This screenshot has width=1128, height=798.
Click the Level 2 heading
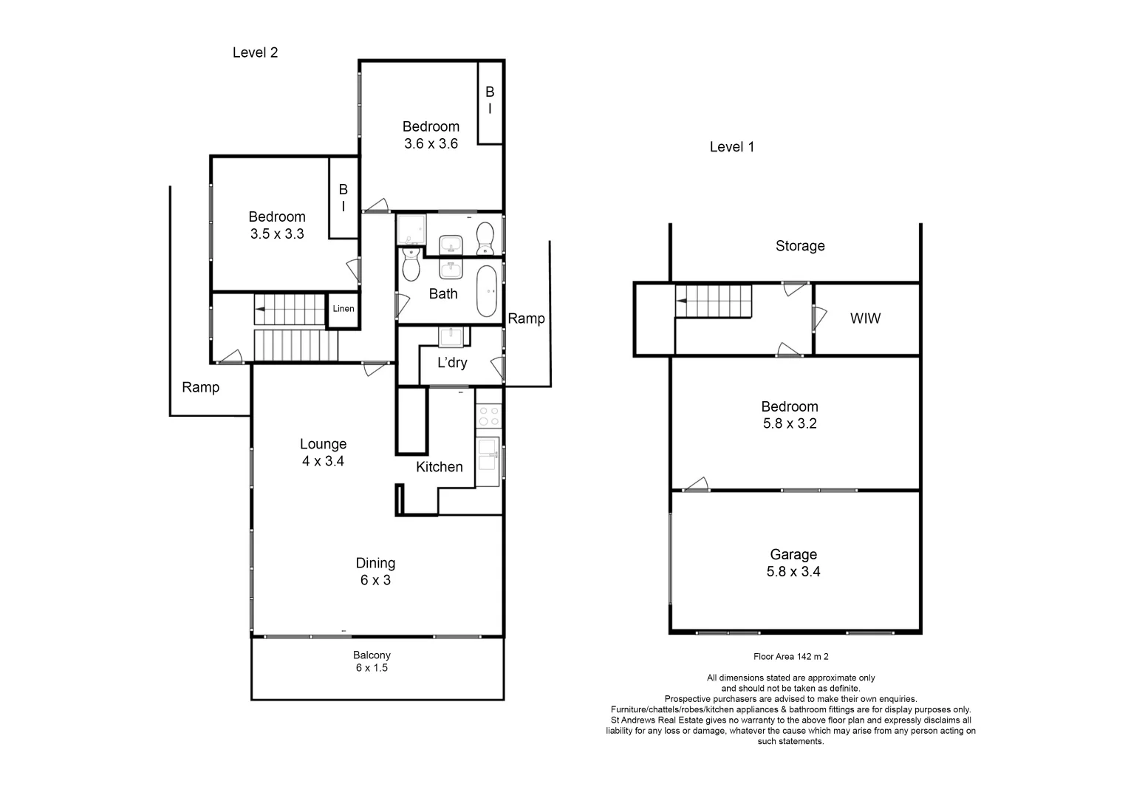[x=255, y=52]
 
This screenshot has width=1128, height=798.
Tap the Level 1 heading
[x=731, y=147]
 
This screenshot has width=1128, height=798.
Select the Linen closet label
[x=343, y=309]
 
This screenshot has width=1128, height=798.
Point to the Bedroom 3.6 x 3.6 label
[x=431, y=135]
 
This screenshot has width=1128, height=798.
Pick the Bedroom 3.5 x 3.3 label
[x=277, y=225]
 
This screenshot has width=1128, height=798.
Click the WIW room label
[x=865, y=319]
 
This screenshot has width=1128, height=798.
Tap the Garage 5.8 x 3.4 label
[x=793, y=563]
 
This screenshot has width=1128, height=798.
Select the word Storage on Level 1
[x=799, y=246]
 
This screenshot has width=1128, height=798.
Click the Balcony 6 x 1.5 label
[x=372, y=661]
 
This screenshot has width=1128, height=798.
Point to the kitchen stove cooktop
[x=488, y=416]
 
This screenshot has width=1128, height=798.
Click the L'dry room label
[x=452, y=363]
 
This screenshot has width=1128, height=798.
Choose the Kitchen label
[x=439, y=467]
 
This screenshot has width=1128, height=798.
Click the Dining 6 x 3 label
[x=375, y=572]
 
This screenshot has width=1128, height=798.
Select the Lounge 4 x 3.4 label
[x=323, y=452]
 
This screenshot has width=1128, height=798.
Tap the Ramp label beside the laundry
[x=526, y=318]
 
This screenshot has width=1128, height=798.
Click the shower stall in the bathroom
[x=411, y=230]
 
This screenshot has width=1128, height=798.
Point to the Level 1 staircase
[x=714, y=301]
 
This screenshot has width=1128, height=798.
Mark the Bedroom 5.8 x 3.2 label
[x=789, y=415]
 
